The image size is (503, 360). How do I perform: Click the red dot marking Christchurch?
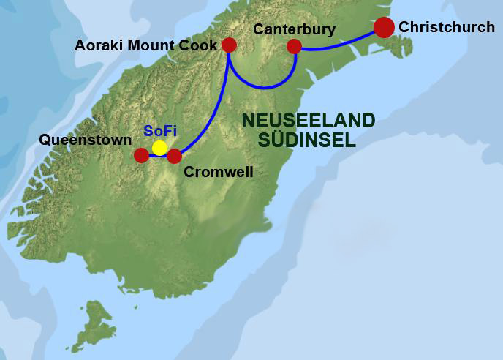point(384,27)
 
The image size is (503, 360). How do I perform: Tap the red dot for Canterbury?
point(294,47)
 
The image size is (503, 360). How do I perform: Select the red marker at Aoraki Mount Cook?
point(229,45)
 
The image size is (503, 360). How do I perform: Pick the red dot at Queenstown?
point(141,155)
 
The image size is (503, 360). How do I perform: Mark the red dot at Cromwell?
point(174,155)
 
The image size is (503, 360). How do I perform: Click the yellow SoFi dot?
point(159,148)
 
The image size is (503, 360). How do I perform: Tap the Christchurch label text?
point(446,27)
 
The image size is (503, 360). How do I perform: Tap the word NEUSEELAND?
point(308,121)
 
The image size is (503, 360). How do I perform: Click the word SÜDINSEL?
point(309,140)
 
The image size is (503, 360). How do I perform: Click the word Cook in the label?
point(200,45)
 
